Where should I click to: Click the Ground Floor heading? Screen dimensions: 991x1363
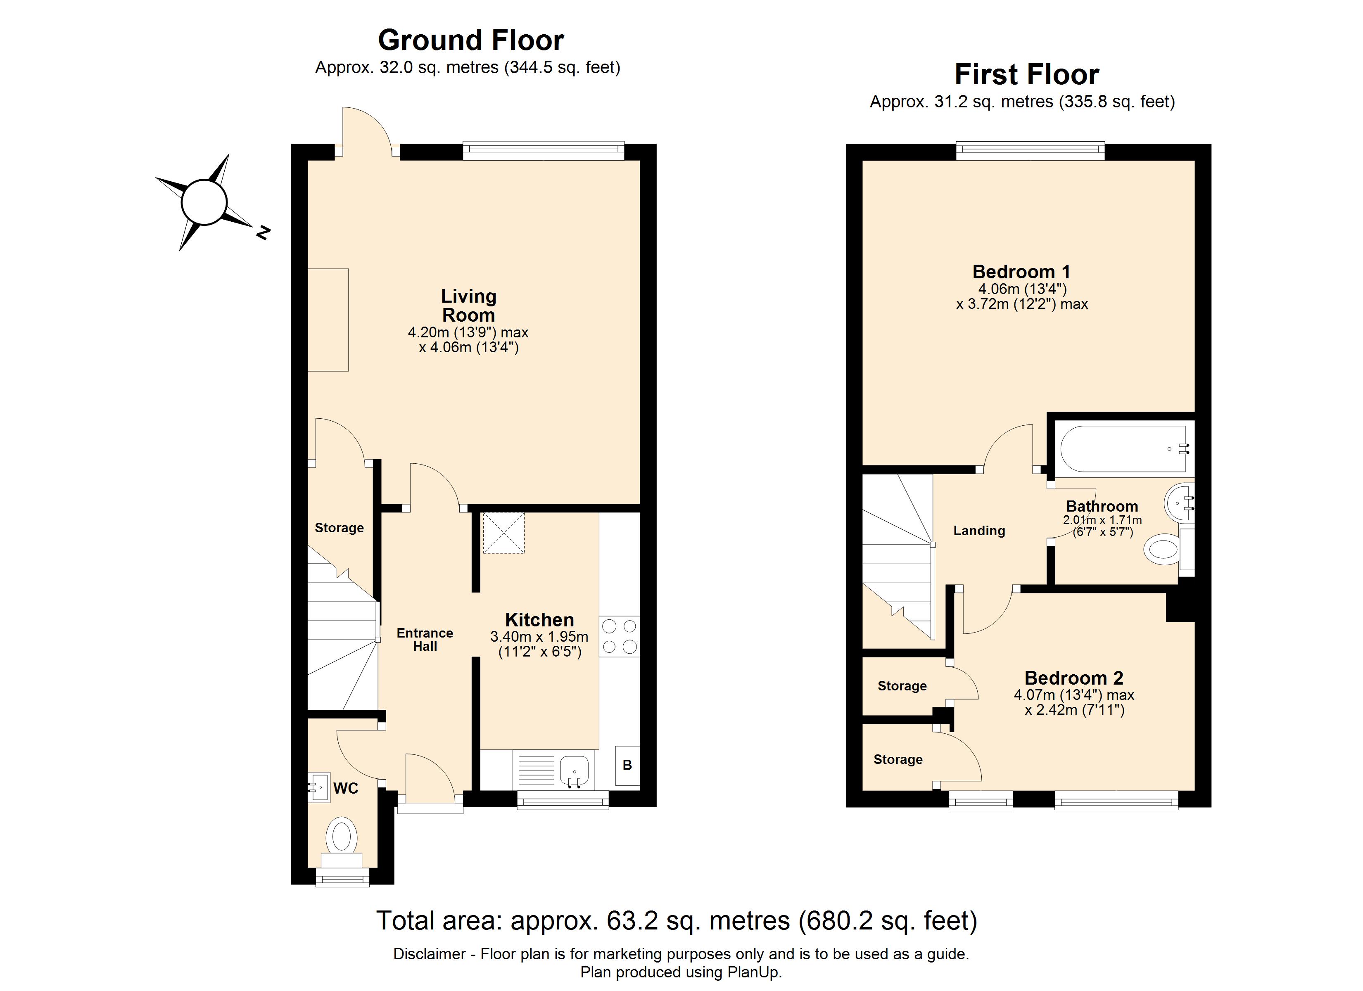[x=470, y=41]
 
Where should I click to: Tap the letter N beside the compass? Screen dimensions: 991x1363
[x=263, y=232]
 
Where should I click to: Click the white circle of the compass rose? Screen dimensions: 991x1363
[x=204, y=202]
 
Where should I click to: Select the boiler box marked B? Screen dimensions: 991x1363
[x=627, y=765]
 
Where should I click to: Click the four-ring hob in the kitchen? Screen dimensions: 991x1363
[x=619, y=636]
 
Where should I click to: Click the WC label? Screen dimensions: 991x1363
[x=346, y=789]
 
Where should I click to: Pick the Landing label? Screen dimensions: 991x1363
[x=979, y=531]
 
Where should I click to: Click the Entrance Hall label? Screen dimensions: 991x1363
[x=425, y=640]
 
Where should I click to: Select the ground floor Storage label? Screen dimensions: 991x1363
[x=339, y=528]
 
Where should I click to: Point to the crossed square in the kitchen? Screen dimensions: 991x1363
[x=503, y=533]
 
